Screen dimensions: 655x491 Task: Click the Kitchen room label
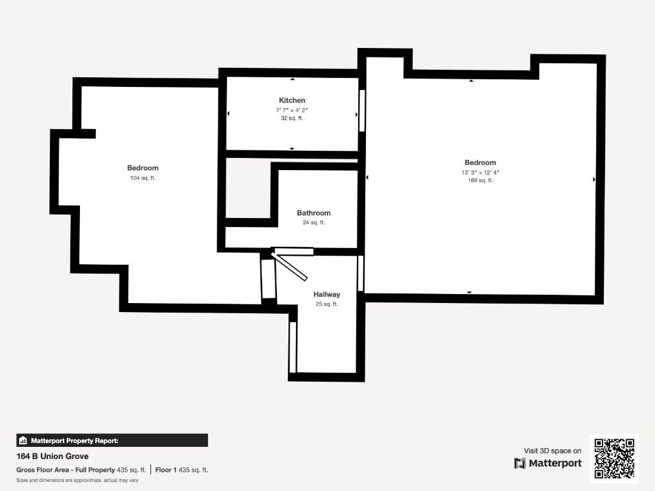tap(292, 100)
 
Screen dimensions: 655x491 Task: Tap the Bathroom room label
tap(313, 213)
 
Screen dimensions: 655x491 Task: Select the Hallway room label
tap(327, 294)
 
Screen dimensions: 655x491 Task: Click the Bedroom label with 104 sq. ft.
tap(143, 168)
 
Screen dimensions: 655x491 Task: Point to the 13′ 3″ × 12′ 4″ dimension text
tap(480, 173)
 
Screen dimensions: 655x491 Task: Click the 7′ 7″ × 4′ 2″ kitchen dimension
tap(292, 110)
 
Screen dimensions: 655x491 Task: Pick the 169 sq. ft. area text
tap(480, 180)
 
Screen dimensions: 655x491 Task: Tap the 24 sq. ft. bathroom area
tap(313, 222)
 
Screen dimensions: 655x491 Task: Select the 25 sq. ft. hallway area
tap(327, 304)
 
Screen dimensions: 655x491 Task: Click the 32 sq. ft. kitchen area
tap(292, 118)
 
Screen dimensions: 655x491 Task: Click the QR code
tap(614, 458)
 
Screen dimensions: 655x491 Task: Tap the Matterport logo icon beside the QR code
tap(519, 464)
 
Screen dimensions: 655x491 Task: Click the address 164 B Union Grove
tap(52, 456)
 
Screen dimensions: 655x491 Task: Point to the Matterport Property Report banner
tap(112, 440)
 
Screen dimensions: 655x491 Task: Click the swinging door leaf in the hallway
tap(290, 266)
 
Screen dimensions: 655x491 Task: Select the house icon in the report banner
tap(23, 440)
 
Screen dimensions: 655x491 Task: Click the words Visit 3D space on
tap(553, 451)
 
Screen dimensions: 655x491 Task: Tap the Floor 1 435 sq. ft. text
tap(182, 470)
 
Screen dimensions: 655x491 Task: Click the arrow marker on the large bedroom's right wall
tap(594, 180)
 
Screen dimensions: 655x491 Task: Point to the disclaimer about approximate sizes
tap(77, 480)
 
